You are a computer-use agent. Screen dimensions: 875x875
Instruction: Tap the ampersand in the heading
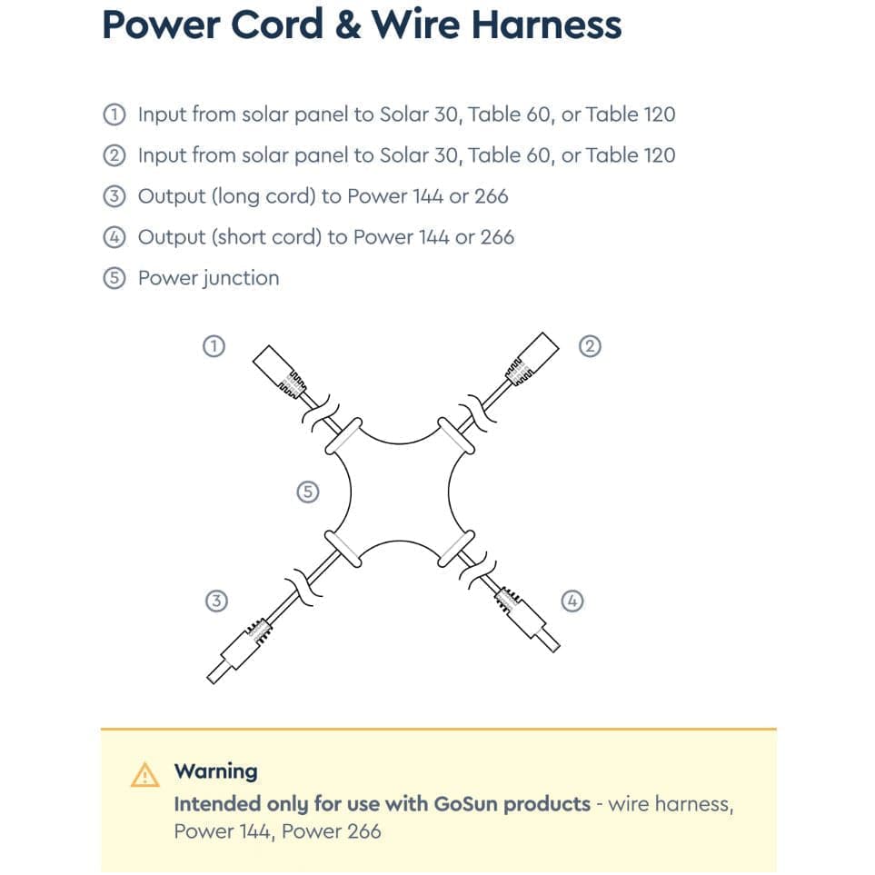pyautogui.click(x=348, y=24)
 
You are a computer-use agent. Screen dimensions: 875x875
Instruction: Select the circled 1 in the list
pyautogui.click(x=114, y=114)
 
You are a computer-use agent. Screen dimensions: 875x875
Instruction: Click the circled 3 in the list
pyautogui.click(x=114, y=196)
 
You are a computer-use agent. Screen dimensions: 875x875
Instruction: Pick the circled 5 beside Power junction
pyautogui.click(x=114, y=278)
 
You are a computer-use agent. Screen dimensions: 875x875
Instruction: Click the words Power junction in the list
pyautogui.click(x=208, y=278)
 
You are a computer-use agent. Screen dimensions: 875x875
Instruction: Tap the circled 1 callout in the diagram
pyautogui.click(x=213, y=346)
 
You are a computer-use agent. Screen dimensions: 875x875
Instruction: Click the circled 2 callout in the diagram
pyautogui.click(x=590, y=346)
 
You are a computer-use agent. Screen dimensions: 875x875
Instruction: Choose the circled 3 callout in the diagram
pyautogui.click(x=215, y=601)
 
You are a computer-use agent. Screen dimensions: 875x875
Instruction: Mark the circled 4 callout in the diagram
pyautogui.click(x=572, y=601)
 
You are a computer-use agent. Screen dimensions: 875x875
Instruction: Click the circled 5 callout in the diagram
pyautogui.click(x=308, y=492)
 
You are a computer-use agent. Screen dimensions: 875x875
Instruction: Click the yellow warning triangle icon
pyautogui.click(x=144, y=774)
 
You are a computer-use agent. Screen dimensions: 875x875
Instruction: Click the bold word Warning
pyautogui.click(x=215, y=771)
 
